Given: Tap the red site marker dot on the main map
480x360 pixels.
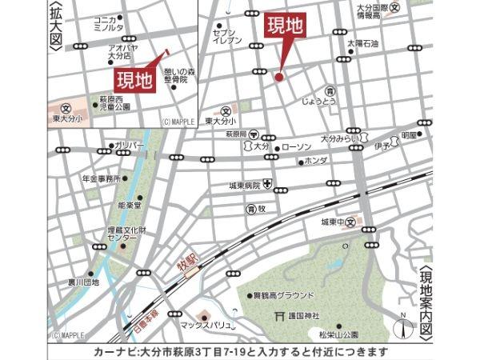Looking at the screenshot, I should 279,78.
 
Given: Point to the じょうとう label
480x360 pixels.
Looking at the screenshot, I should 330,102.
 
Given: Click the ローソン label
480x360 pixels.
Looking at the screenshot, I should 297,148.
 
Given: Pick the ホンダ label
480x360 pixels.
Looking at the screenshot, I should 317,162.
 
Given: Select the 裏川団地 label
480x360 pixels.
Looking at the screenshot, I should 82,282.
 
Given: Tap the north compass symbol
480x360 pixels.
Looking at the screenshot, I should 404,328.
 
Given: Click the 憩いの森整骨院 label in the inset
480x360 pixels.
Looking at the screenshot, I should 173,76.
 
